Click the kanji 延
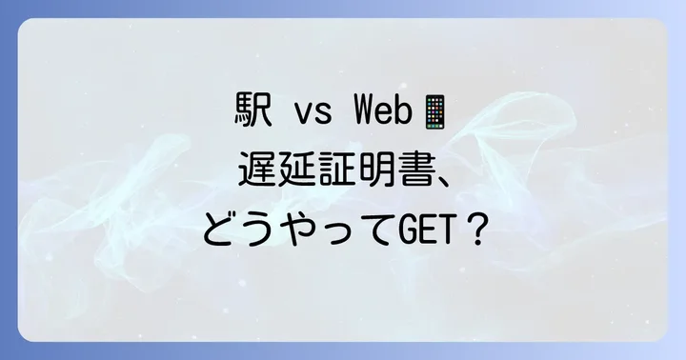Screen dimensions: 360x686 tap(295, 171)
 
